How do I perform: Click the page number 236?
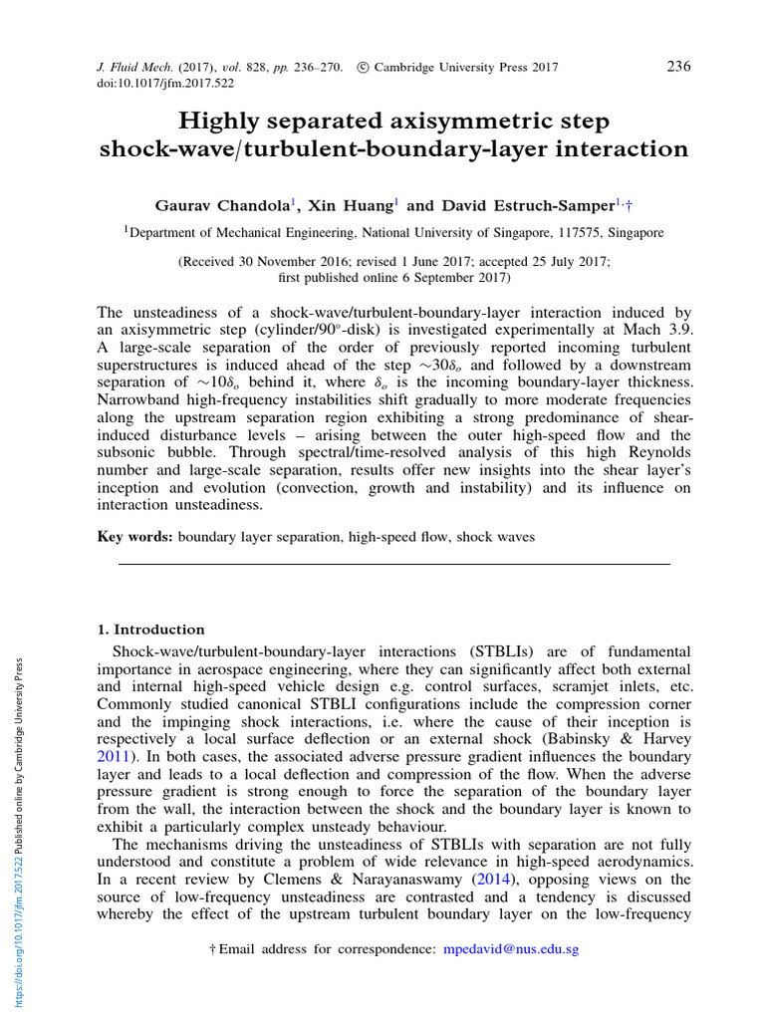click(x=677, y=67)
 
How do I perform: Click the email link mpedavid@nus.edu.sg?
click(x=510, y=950)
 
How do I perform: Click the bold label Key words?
click(x=134, y=537)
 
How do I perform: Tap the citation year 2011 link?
click(x=113, y=757)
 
